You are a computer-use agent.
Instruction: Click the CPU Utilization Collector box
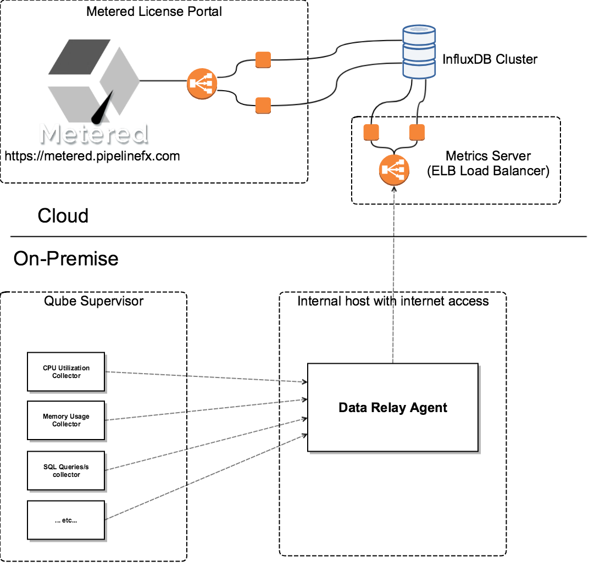tap(66, 372)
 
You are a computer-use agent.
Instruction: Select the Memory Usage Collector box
tap(66, 420)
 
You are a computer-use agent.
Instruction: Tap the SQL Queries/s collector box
tap(66, 470)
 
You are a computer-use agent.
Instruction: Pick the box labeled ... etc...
tap(66, 520)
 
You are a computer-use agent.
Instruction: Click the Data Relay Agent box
tap(393, 407)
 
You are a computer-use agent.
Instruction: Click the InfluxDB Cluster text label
tap(490, 59)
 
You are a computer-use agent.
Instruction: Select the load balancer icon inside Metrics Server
tap(394, 170)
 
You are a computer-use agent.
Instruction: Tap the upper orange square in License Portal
tap(263, 59)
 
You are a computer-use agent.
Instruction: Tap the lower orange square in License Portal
tap(263, 105)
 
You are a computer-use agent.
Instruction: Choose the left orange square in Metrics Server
tap(372, 132)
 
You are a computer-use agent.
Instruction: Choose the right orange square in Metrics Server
tap(417, 132)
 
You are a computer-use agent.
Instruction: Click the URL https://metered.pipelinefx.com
tap(92, 156)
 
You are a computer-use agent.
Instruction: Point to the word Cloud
tap(63, 216)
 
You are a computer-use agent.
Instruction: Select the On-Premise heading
tap(66, 258)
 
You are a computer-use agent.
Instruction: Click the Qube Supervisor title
tap(93, 301)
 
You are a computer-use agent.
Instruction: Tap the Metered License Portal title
tap(154, 11)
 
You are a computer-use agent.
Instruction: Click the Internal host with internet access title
tap(393, 301)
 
